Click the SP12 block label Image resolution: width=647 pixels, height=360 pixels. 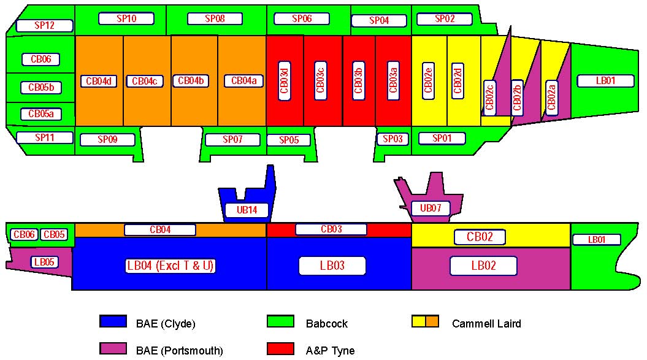[45, 26]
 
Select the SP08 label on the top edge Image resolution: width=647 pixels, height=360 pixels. [215, 18]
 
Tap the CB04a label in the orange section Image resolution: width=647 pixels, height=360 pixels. [243, 81]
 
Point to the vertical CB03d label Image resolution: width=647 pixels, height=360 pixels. [285, 80]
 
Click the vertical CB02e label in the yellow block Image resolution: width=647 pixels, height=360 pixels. [429, 80]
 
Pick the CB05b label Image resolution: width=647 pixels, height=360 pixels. [41, 88]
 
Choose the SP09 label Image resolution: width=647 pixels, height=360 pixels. [107, 140]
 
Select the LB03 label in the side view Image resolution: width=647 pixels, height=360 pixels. [332, 266]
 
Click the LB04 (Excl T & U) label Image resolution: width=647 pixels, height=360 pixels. [170, 266]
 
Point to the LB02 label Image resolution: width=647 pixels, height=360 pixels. [483, 266]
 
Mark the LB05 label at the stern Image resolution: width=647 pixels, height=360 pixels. [44, 262]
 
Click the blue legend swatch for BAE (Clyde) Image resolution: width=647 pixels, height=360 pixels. [113, 321]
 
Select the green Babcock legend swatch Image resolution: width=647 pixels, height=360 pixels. [281, 321]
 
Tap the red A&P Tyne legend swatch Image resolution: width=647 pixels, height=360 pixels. [281, 349]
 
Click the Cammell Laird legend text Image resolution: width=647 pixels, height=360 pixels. [486, 323]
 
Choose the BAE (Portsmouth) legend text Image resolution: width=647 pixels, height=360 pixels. [178, 351]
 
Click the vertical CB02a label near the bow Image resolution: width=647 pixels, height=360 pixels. [551, 98]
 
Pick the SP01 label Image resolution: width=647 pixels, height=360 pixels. [442, 138]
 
